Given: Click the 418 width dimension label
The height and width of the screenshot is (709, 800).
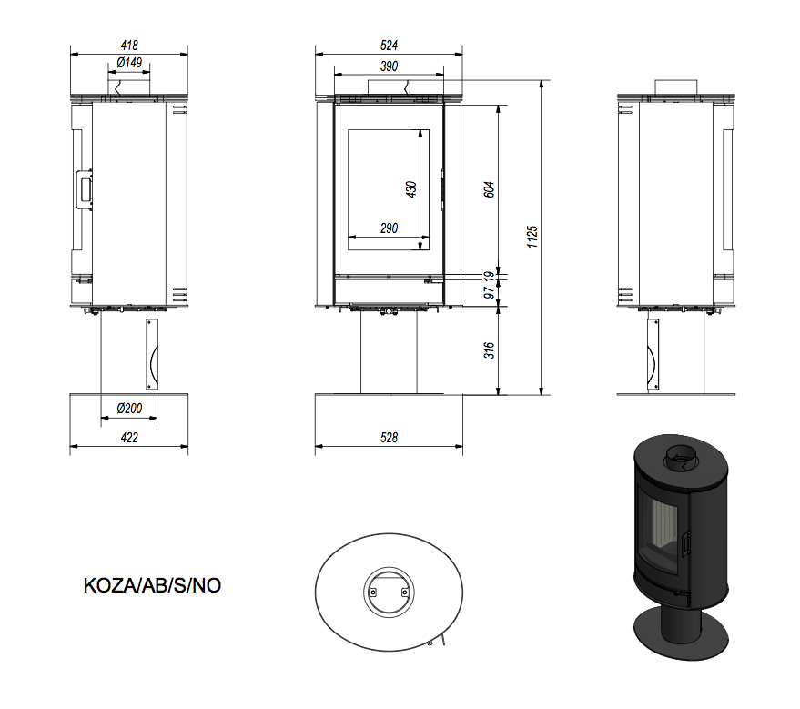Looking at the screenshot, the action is click(129, 46).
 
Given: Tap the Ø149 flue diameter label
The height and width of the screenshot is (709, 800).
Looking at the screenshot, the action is click(129, 63).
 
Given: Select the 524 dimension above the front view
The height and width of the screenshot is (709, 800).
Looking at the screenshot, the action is click(389, 46).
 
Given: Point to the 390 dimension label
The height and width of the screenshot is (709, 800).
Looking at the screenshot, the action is click(389, 66).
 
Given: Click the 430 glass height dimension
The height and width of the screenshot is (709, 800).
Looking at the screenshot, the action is click(411, 189).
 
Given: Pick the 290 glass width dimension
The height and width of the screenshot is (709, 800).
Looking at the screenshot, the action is click(389, 228).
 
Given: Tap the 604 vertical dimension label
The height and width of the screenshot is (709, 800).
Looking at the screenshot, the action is click(489, 189).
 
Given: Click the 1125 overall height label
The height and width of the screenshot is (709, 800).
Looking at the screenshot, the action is click(532, 238).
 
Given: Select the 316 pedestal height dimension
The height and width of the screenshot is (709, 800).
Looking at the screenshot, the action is click(489, 350).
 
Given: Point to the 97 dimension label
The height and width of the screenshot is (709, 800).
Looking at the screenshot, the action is click(489, 293).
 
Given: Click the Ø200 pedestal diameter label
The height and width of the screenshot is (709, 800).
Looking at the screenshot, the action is click(129, 409).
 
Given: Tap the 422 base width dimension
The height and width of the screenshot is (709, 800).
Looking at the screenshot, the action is click(129, 438).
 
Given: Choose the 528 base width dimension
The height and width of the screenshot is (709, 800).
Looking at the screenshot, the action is click(389, 438).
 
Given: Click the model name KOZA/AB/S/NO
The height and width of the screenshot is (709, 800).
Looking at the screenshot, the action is click(152, 585).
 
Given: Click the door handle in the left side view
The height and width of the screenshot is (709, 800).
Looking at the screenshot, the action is click(84, 189).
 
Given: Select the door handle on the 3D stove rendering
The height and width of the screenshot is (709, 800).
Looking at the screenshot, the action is click(687, 542).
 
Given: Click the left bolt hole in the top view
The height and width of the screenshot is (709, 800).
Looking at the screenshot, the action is click(373, 593).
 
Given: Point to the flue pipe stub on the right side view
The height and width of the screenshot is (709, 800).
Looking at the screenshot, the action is click(676, 87).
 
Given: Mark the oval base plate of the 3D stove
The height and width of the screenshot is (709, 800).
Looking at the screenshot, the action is click(680, 633).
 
